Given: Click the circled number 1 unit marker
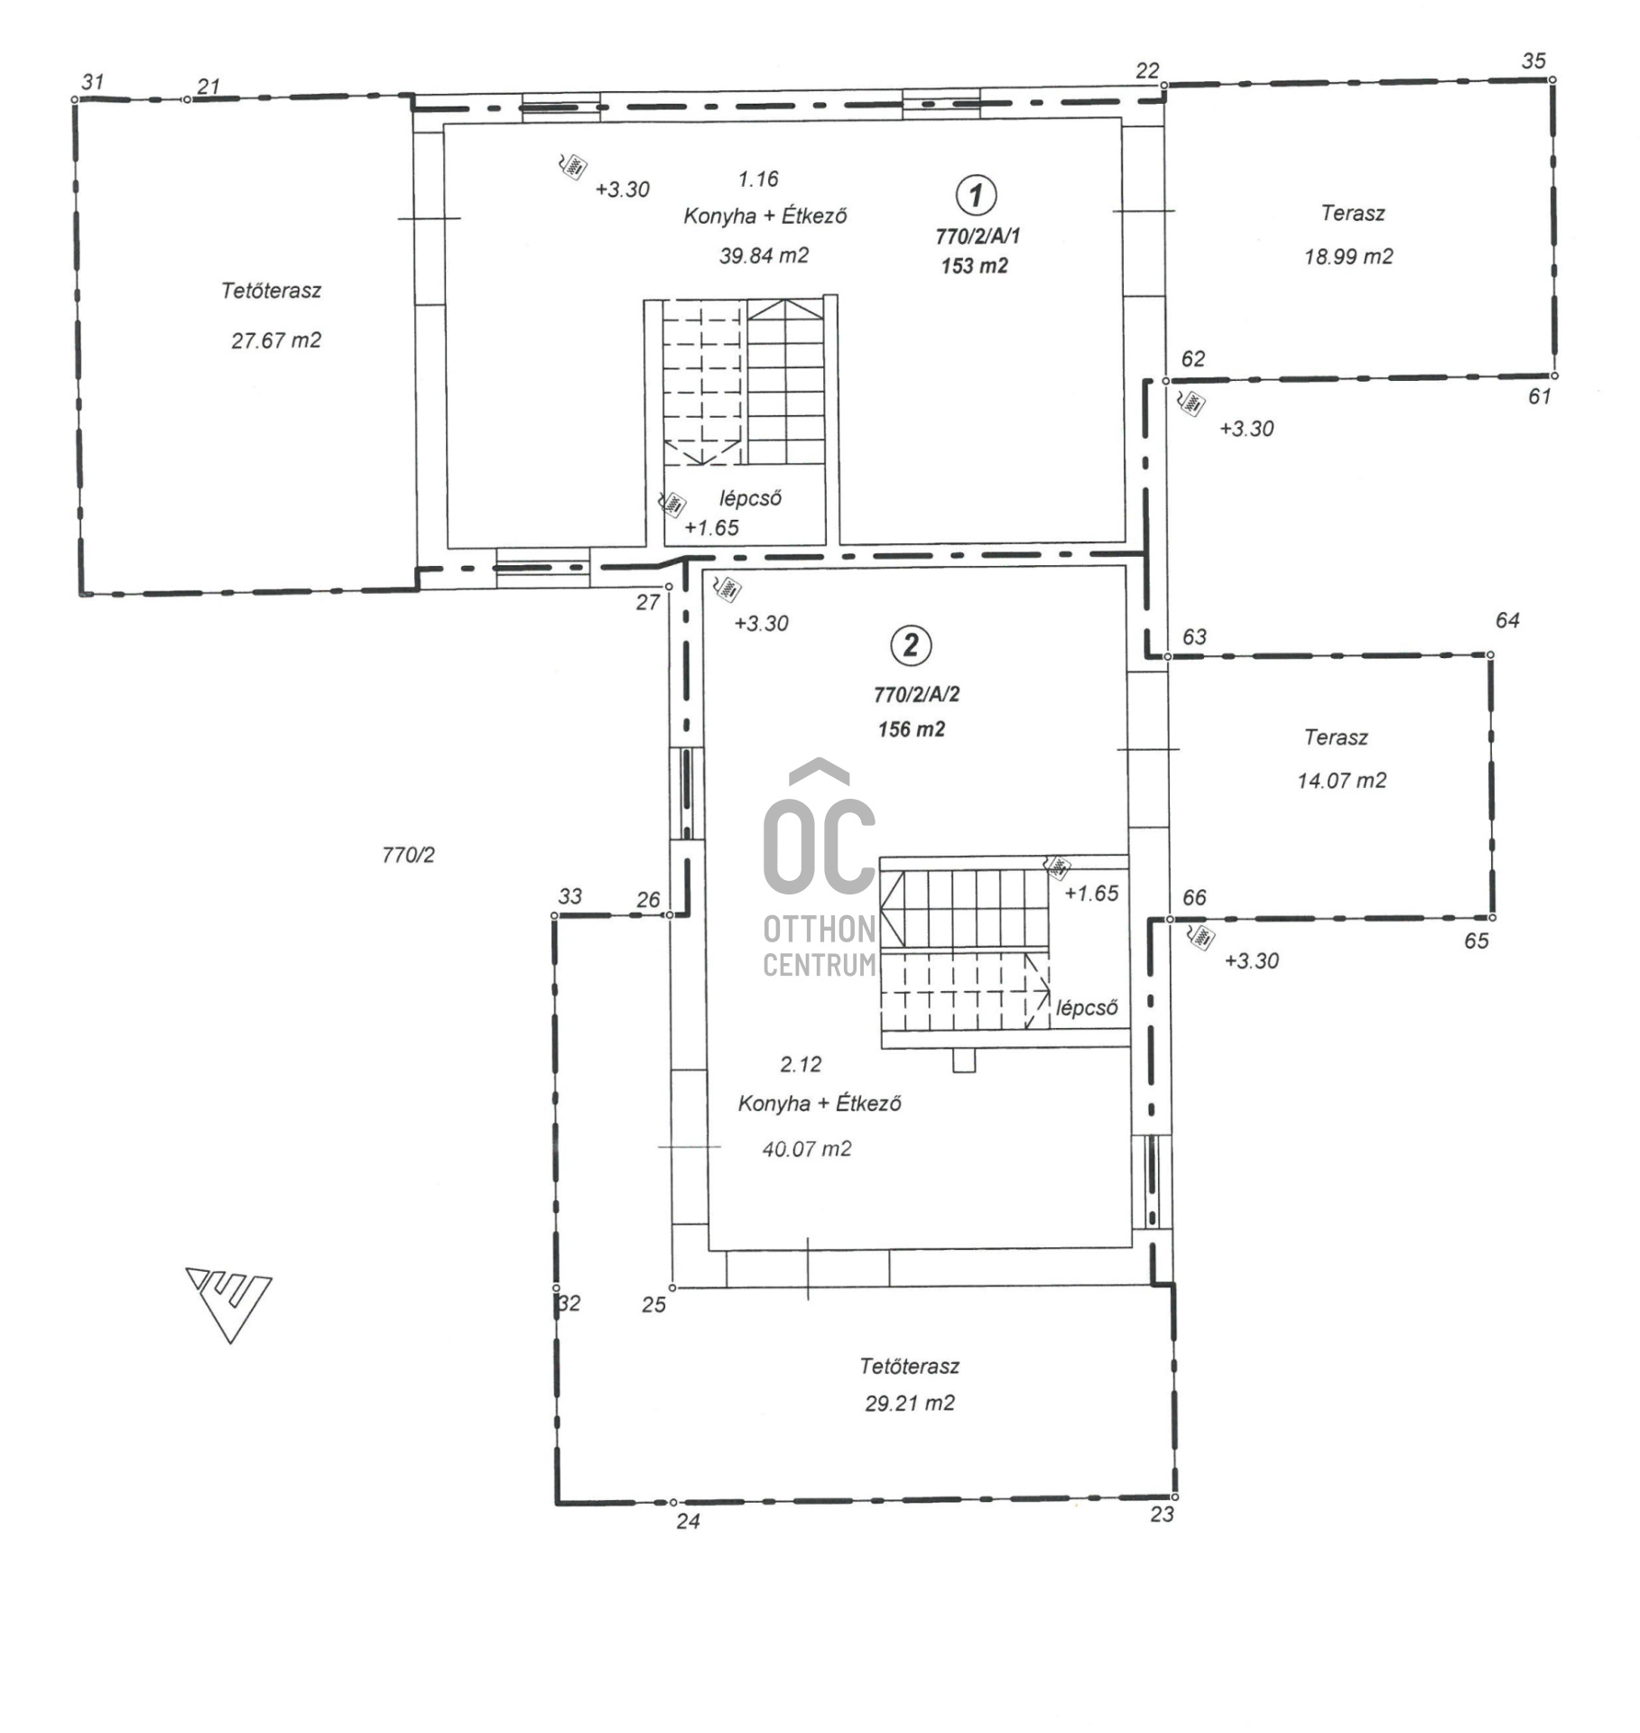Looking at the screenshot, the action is tap(975, 195).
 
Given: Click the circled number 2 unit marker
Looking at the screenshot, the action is tap(911, 645).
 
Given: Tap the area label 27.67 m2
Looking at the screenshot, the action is tap(276, 340).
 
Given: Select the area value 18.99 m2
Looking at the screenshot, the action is tap(1348, 256).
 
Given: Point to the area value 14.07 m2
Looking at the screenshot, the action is tap(1342, 781).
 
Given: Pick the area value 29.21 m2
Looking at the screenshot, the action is tap(910, 1404).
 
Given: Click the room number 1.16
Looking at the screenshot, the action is tap(758, 179).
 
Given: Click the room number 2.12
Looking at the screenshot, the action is tap(801, 1065).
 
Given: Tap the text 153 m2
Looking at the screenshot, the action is tap(975, 266).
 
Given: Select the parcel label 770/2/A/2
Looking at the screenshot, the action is tap(917, 694).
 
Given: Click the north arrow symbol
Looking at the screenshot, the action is tap(229, 1303).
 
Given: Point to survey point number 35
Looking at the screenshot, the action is tap(1533, 61).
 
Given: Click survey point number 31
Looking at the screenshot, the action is tap(93, 82).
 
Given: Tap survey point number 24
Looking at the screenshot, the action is tap(688, 1522).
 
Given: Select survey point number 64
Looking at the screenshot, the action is tap(1507, 620).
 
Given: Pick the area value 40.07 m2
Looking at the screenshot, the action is tap(807, 1149).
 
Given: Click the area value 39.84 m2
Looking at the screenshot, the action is tap(764, 255).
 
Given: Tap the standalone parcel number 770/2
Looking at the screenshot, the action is tap(408, 855).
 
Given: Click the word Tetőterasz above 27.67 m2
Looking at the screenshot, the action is tap(272, 291).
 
